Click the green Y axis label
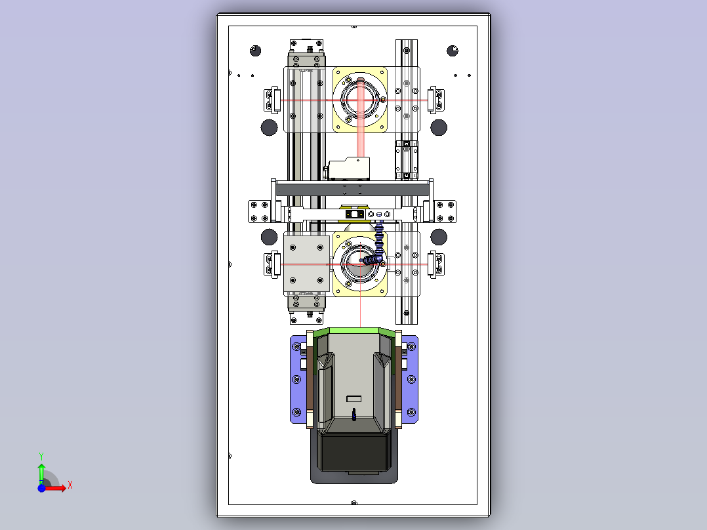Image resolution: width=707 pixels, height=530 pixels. [x=41, y=456]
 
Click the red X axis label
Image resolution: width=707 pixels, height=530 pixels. [x=70, y=485]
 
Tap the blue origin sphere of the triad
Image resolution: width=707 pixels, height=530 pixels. [x=41, y=488]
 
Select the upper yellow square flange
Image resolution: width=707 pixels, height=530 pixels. [x=360, y=100]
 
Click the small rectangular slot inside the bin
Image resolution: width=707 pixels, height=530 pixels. [x=354, y=399]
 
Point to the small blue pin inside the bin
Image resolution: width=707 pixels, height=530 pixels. [x=354, y=414]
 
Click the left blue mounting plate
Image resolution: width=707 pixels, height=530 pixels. [x=298, y=379]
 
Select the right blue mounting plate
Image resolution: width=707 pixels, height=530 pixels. [x=409, y=379]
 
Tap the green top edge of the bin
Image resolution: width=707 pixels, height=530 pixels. [x=354, y=331]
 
